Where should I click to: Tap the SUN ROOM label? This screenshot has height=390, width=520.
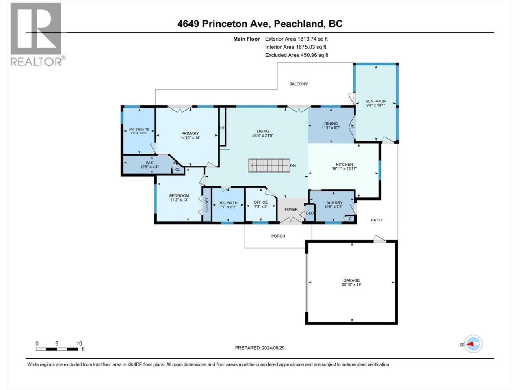[x=376, y=101]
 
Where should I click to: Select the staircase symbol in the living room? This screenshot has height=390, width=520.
[x=269, y=165]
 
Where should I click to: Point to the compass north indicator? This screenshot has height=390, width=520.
[x=473, y=344]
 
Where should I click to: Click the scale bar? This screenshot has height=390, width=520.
[x=57, y=349]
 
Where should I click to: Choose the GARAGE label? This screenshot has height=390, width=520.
[x=351, y=280]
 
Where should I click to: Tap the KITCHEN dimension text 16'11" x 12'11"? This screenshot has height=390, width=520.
[x=344, y=169]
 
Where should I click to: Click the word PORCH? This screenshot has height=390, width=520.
[x=278, y=236]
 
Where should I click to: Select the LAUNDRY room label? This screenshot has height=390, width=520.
[x=333, y=202]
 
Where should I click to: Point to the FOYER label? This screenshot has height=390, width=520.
[x=291, y=210]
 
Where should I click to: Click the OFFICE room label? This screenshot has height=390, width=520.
[x=260, y=202]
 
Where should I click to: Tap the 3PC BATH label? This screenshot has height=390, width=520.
[x=228, y=203]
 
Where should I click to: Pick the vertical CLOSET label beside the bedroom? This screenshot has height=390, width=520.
[x=207, y=205]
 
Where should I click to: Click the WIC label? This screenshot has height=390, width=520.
[x=149, y=162]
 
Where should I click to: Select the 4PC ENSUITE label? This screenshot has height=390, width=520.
[x=139, y=130]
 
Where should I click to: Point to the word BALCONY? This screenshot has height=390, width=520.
[x=298, y=84]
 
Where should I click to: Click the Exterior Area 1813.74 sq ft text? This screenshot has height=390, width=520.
[x=297, y=39]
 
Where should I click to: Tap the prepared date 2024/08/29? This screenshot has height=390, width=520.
[x=273, y=348]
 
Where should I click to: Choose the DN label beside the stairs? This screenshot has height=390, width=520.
[x=293, y=165]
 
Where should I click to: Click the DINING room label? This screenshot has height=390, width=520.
[x=331, y=123]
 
